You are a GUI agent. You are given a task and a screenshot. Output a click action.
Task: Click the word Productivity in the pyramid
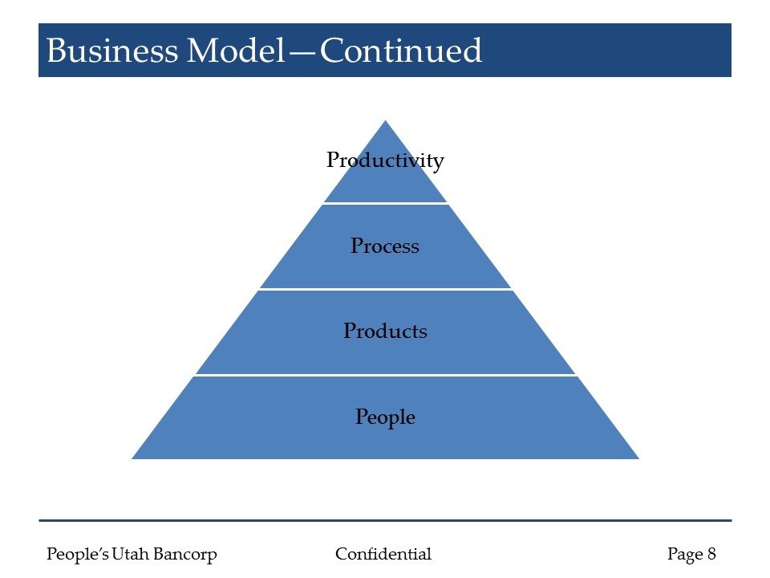385,161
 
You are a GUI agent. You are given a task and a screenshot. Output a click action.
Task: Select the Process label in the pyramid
385,246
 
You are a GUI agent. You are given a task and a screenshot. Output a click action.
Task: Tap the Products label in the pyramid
385,331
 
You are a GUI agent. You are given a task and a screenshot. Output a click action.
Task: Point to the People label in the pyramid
385,417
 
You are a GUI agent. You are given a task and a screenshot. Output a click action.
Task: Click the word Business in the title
111,51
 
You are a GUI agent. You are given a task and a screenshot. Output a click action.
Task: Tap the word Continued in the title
402,51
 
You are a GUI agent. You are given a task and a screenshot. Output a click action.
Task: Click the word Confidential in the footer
383,554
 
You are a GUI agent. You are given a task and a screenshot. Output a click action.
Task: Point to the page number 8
711,554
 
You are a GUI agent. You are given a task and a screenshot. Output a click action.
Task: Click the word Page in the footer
684,554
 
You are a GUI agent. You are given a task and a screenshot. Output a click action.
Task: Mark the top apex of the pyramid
386,122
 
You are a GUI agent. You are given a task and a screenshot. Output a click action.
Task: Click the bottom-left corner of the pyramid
134,458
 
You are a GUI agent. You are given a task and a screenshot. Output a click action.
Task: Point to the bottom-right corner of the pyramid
637,458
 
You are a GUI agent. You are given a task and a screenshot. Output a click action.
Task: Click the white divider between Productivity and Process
385,203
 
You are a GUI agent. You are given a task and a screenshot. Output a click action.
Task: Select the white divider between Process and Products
385,289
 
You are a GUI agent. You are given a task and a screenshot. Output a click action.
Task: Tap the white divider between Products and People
385,374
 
